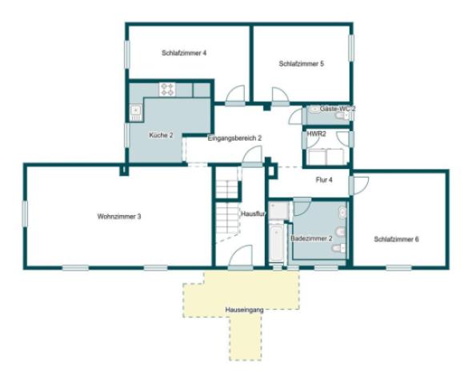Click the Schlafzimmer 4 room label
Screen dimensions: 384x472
[x=184, y=53]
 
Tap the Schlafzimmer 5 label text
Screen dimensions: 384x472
[x=302, y=64]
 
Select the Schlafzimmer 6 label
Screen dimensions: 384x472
[x=397, y=238]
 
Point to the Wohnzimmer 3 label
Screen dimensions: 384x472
[x=119, y=217]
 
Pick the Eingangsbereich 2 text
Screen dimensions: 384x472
[x=234, y=138]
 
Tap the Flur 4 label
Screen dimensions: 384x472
[x=324, y=180]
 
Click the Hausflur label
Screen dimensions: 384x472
[x=252, y=214]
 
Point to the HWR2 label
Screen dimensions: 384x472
[x=317, y=134]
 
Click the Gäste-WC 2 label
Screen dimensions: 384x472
[x=338, y=108]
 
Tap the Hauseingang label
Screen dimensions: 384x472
[x=244, y=307]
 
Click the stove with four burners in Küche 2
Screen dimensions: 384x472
[x=168, y=88]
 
